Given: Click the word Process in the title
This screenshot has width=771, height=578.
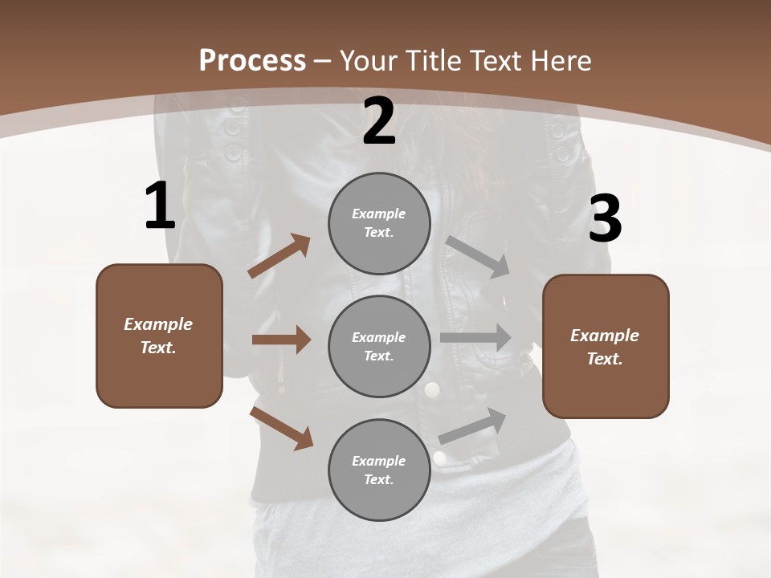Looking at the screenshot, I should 252,61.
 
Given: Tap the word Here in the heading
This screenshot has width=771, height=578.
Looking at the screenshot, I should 559,61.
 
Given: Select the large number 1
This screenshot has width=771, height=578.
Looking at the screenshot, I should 160,206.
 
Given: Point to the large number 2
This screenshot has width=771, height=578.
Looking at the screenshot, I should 379,121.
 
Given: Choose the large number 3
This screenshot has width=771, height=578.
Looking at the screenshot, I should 605,219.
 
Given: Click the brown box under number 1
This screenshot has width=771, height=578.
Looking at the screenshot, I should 159,336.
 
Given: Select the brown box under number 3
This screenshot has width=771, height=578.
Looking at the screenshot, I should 606,346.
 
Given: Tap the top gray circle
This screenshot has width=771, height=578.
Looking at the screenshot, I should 379,223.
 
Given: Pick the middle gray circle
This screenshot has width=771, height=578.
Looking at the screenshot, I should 379,346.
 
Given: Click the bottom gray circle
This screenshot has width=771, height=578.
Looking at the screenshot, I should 379,470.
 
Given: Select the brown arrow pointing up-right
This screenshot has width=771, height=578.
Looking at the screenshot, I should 279,256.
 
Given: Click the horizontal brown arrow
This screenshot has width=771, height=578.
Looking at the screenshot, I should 280,340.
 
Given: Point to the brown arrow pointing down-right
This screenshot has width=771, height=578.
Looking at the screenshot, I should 281,428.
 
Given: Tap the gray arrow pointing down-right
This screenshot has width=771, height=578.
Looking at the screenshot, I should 478,257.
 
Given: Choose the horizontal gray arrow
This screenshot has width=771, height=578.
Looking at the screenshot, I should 475,338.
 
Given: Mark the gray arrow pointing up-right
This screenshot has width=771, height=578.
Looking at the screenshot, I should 472,425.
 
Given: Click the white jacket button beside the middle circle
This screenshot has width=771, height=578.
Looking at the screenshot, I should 433,390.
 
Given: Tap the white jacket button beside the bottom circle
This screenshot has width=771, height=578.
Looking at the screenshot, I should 439,458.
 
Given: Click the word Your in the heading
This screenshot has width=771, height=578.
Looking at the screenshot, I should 373,61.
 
